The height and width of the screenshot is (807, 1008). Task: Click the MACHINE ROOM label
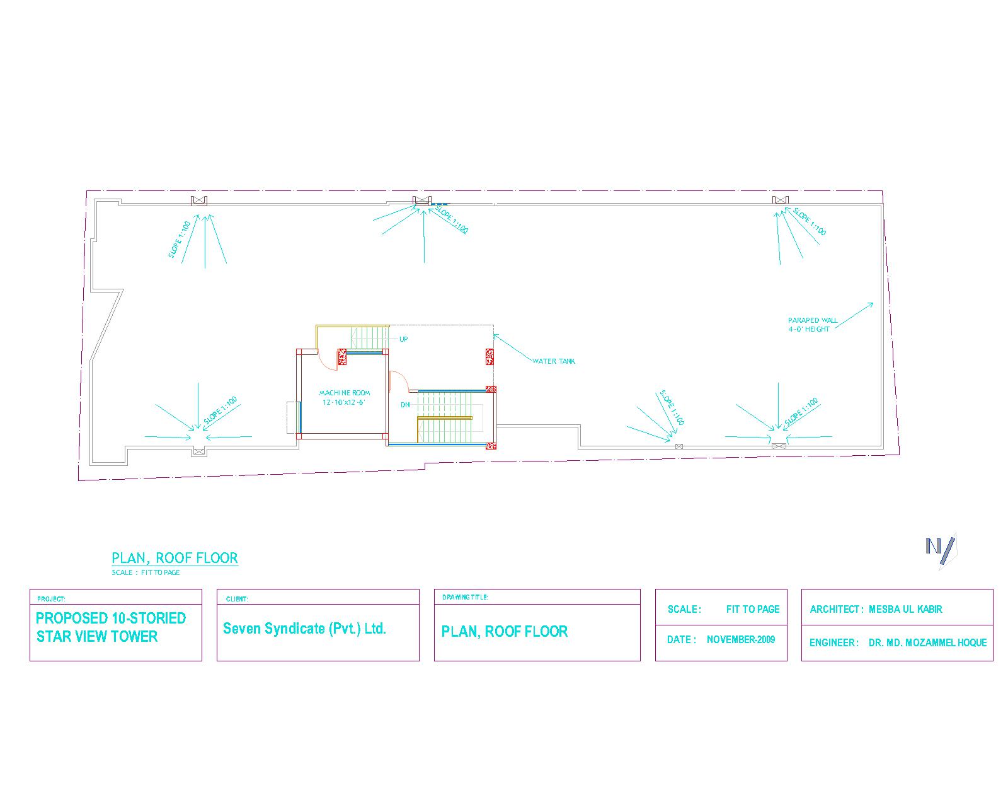click(x=345, y=393)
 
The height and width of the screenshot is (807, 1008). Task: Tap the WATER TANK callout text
click(x=554, y=361)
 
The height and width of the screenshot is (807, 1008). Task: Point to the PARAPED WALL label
click(x=813, y=320)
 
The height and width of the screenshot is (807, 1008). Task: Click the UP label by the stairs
click(x=404, y=339)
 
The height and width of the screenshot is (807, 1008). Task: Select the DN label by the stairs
click(x=405, y=405)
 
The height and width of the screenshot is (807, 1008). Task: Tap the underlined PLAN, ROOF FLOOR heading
click(x=175, y=558)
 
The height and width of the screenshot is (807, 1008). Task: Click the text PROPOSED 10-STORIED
click(x=111, y=618)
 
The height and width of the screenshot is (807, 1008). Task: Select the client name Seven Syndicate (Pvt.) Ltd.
click(x=304, y=629)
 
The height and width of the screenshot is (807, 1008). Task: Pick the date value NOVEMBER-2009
click(x=741, y=639)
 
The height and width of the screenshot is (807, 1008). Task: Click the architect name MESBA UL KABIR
click(x=905, y=609)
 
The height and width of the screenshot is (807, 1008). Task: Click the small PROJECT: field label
click(x=51, y=599)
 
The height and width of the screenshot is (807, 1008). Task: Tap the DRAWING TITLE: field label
click(x=465, y=597)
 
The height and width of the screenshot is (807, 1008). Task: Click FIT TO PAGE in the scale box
click(x=753, y=609)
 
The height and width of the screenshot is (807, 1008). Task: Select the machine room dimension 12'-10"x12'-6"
click(x=344, y=402)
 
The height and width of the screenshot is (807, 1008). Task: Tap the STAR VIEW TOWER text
click(x=97, y=636)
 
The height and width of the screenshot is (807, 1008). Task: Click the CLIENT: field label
click(x=237, y=599)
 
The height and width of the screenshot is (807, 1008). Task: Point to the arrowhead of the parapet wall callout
click(x=872, y=305)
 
